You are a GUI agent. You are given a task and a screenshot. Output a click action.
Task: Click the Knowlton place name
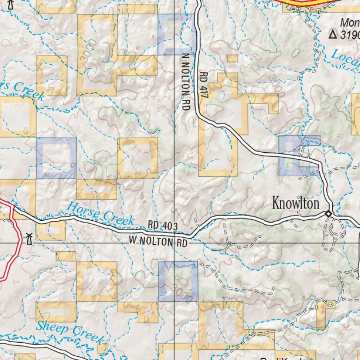pos(296,203)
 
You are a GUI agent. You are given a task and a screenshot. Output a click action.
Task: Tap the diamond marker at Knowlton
pos(329,214)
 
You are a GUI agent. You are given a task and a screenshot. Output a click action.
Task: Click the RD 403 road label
pos(163,226)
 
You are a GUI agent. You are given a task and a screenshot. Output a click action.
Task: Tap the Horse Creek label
pos(100,213)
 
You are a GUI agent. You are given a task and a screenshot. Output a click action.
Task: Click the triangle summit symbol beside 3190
pos(333,34)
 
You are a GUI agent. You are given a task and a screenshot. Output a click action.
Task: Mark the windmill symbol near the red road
pos(30,239)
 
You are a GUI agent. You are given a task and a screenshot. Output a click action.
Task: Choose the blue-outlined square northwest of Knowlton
pos(299,156)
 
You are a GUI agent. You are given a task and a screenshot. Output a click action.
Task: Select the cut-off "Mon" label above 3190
pos(350,22)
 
